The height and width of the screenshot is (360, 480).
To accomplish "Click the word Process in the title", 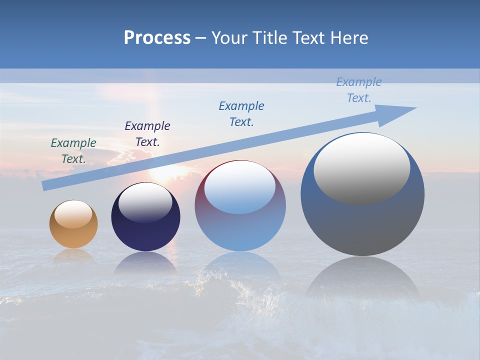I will click(157, 38).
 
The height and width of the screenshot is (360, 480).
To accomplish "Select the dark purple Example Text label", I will click(147, 134).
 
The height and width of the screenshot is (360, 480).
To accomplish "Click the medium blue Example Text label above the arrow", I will click(241, 114).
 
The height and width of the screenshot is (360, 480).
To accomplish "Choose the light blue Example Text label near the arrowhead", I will click(359, 90).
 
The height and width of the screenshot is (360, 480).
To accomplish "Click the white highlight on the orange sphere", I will click(73, 214).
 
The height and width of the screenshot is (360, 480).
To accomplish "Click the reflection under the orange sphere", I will click(73, 255).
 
